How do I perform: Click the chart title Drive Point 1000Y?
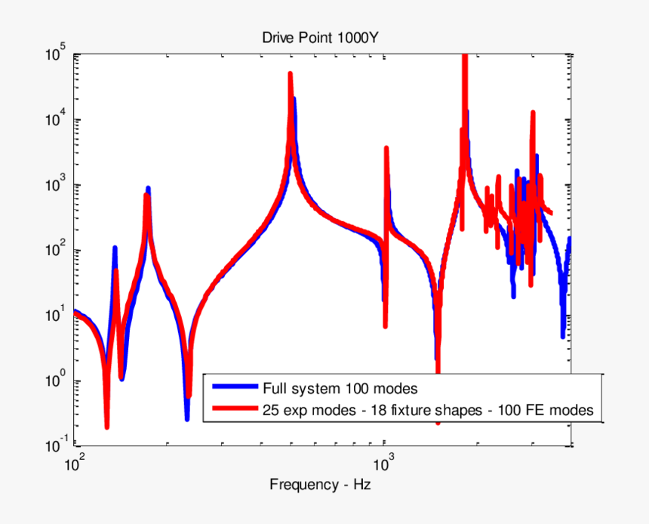click(x=325, y=38)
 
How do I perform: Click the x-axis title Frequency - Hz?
click(x=320, y=484)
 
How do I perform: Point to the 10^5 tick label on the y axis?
click(x=56, y=55)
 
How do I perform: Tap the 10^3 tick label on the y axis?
click(x=56, y=186)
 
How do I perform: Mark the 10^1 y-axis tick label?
click(x=56, y=316)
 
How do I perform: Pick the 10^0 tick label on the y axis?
click(x=56, y=381)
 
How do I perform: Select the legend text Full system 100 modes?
click(x=340, y=390)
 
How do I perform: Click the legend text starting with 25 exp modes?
click(x=428, y=411)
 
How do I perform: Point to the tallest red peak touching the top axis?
click(x=465, y=57)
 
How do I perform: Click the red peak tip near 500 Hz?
click(x=290, y=74)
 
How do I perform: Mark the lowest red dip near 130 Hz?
click(x=107, y=427)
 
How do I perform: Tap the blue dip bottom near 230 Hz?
click(x=186, y=417)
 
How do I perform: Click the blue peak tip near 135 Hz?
click(x=115, y=248)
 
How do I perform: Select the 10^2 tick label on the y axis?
click(x=56, y=251)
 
